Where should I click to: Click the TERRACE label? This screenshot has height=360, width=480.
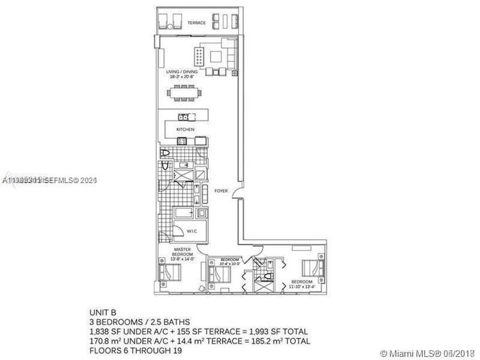point(196,23)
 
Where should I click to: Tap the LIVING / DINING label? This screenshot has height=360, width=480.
point(180,74)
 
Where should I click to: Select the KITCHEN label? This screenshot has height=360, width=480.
point(186,129)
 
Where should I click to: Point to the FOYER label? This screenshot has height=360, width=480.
point(221,190)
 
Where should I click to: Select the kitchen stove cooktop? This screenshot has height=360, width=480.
point(185,141)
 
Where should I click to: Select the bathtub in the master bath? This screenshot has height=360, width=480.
point(186,213)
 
